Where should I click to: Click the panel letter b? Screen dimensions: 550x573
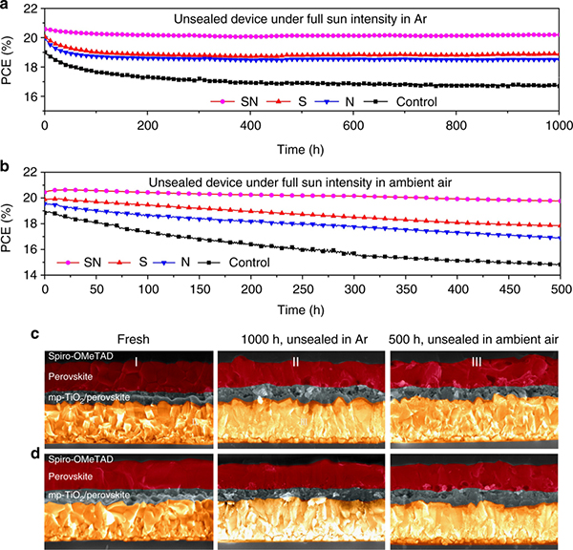coord(7,167)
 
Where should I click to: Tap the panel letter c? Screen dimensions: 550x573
coord(7,335)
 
